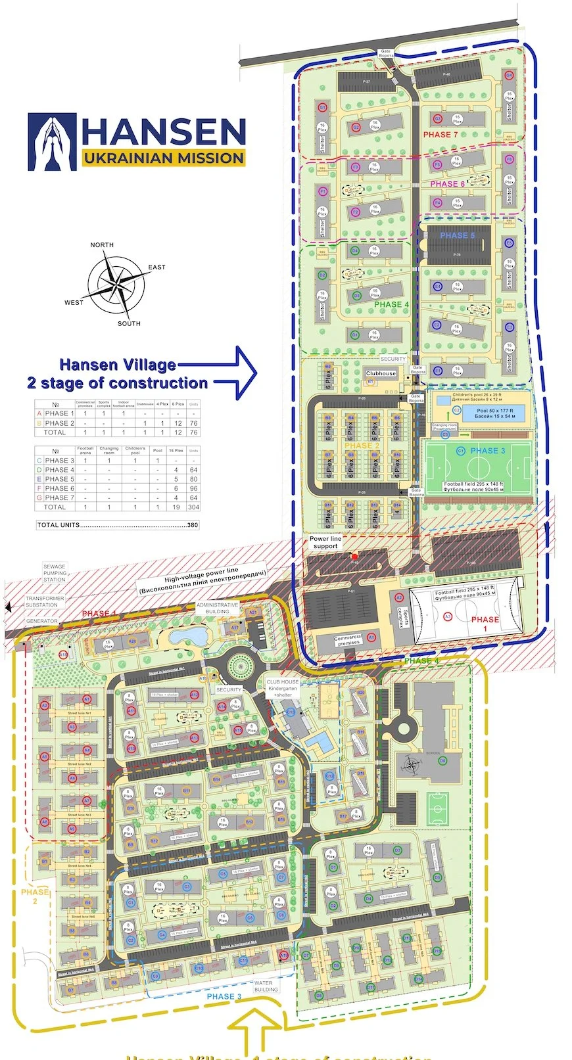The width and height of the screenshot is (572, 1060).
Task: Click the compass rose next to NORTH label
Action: pos(116,285)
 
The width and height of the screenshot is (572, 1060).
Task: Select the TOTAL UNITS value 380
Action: pos(192,525)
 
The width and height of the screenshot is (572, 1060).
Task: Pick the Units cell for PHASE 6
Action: pos(193,488)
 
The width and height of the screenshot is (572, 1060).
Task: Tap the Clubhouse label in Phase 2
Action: pos(381,373)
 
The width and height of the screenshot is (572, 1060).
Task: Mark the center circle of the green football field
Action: pos(478,468)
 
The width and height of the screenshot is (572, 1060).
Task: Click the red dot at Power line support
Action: pos(355,557)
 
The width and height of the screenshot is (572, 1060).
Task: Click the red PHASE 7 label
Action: pos(440,135)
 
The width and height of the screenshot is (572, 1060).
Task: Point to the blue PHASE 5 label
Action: pos(458,235)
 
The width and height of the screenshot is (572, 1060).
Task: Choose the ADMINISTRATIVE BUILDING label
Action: pos(217,608)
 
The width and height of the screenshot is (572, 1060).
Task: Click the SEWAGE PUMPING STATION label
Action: pos(55,573)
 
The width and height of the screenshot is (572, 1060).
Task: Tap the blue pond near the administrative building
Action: pos(187,636)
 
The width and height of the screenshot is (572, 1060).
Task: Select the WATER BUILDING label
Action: pos(266,986)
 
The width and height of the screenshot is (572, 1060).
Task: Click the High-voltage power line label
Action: pos(202,581)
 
